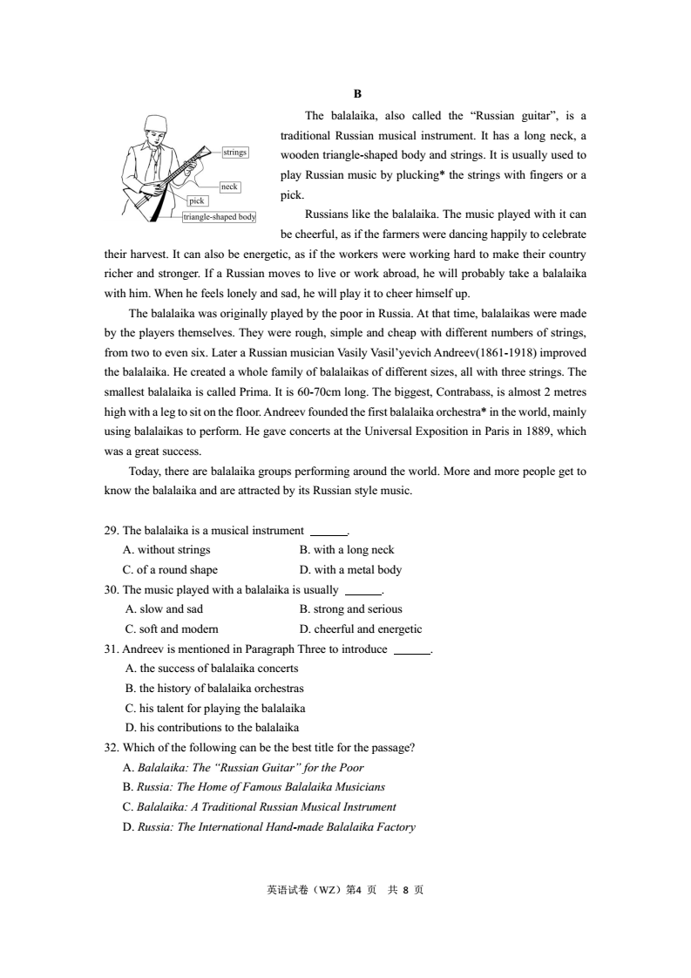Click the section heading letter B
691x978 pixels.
pos(357,93)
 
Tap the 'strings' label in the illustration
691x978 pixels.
pos(235,153)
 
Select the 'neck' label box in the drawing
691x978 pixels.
pos(229,187)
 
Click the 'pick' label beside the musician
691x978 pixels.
pos(198,201)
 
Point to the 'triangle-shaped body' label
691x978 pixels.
pos(219,217)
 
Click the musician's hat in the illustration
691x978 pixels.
pos(157,121)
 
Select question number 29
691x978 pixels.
pos(111,530)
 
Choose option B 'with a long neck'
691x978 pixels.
pos(347,550)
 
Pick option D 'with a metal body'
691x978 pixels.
pos(350,570)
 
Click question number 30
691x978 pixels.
pos(111,590)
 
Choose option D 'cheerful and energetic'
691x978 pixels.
pos(360,629)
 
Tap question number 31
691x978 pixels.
pos(111,649)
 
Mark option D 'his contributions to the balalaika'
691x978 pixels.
pos(212,727)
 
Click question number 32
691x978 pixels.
pos(111,748)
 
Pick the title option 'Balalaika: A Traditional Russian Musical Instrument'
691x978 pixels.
pos(261,807)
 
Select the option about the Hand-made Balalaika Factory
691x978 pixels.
pos(270,827)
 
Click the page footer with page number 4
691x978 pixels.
pos(345,890)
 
